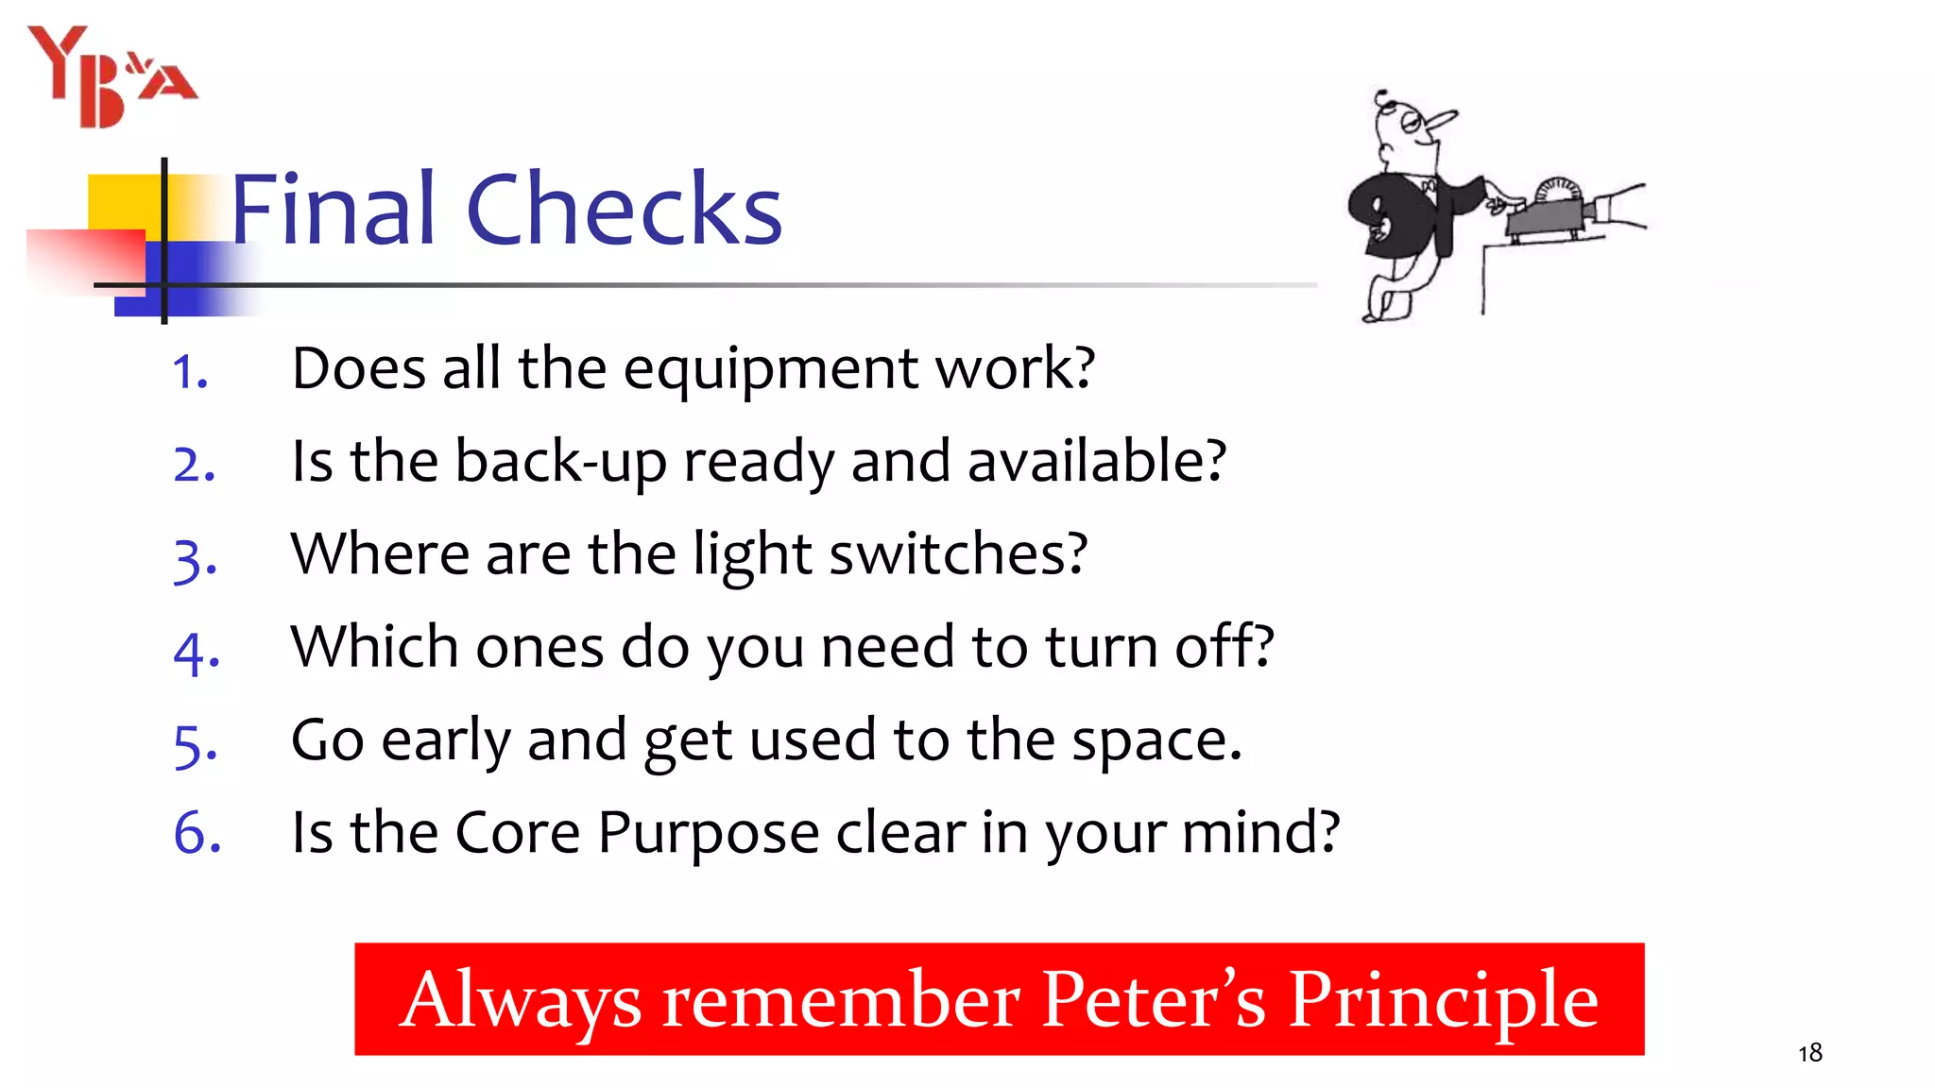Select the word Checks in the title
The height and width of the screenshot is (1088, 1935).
624,209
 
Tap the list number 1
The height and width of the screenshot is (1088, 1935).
190,372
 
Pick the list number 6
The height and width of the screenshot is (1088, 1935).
197,833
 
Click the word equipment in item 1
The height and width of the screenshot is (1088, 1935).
770,369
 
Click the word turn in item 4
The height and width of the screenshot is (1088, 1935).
1100,648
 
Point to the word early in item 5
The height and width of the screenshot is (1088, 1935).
445,740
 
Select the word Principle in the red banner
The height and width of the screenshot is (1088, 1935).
1443,1000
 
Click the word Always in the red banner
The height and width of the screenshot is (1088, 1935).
521,1000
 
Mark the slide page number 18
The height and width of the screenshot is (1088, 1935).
1809,1053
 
